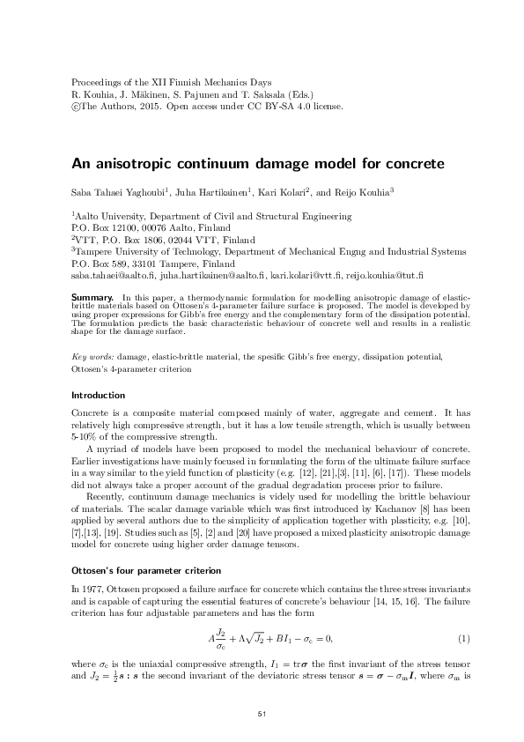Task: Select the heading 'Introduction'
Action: (x=97, y=395)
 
